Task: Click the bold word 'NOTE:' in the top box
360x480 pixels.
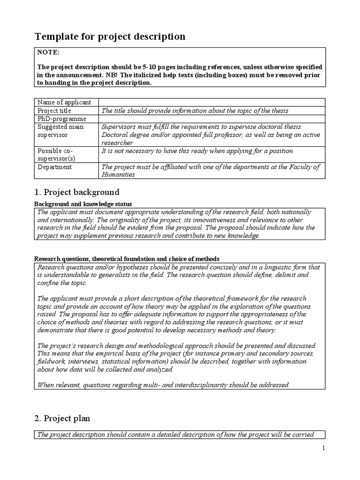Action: pos(48,53)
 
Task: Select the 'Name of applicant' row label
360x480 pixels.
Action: pos(64,102)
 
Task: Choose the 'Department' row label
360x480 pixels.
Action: pos(54,167)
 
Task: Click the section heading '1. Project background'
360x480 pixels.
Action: pos(77,192)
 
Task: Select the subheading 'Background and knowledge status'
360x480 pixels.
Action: pos(83,204)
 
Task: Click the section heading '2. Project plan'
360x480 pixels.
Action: pos(63,418)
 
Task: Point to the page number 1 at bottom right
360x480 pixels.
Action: pos(323,448)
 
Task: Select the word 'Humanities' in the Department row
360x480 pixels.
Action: pos(118,174)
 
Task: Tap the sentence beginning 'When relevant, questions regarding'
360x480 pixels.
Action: pos(163,385)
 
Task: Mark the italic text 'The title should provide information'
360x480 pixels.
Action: pos(155,111)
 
